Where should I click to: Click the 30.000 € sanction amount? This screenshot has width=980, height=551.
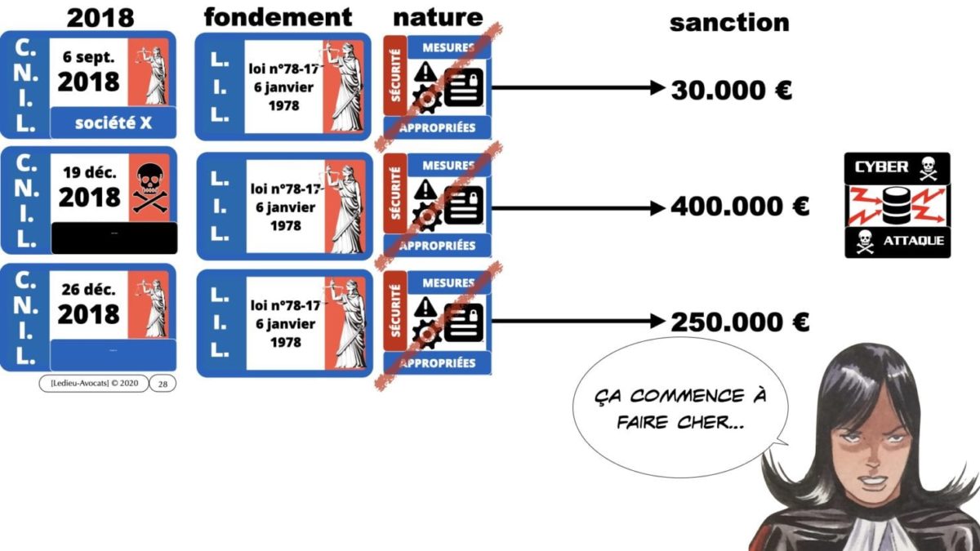[x=731, y=90]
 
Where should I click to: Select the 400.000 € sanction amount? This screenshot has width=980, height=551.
[x=739, y=207]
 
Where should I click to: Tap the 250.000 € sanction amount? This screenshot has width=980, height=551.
[x=739, y=323]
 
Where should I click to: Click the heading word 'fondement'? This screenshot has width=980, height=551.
[x=278, y=16]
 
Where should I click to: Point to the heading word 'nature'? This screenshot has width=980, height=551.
[x=438, y=16]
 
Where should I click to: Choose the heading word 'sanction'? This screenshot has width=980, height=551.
[x=729, y=22]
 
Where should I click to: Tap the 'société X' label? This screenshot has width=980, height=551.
[x=113, y=124]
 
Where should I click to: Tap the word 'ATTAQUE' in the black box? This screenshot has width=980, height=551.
[x=913, y=241]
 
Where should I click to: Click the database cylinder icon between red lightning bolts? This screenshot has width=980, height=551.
[x=897, y=204]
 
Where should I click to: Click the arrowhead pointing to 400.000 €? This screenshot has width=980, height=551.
[x=657, y=208]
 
